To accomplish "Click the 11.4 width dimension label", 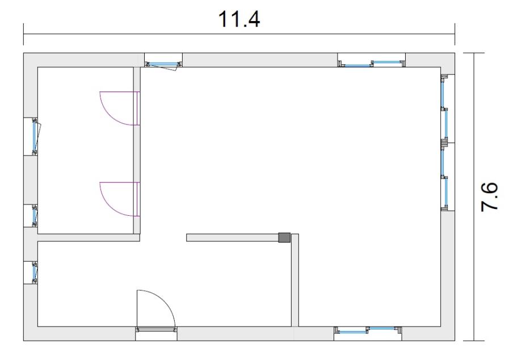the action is pos(239,19).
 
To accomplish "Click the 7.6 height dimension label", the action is pos(489,196).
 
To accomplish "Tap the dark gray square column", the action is pos(284,237).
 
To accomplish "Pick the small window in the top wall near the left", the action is pos(163,64).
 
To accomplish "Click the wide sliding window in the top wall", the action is pos(372,64).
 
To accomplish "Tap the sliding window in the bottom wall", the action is pos(368,330).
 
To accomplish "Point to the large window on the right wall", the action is pos(445,143).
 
